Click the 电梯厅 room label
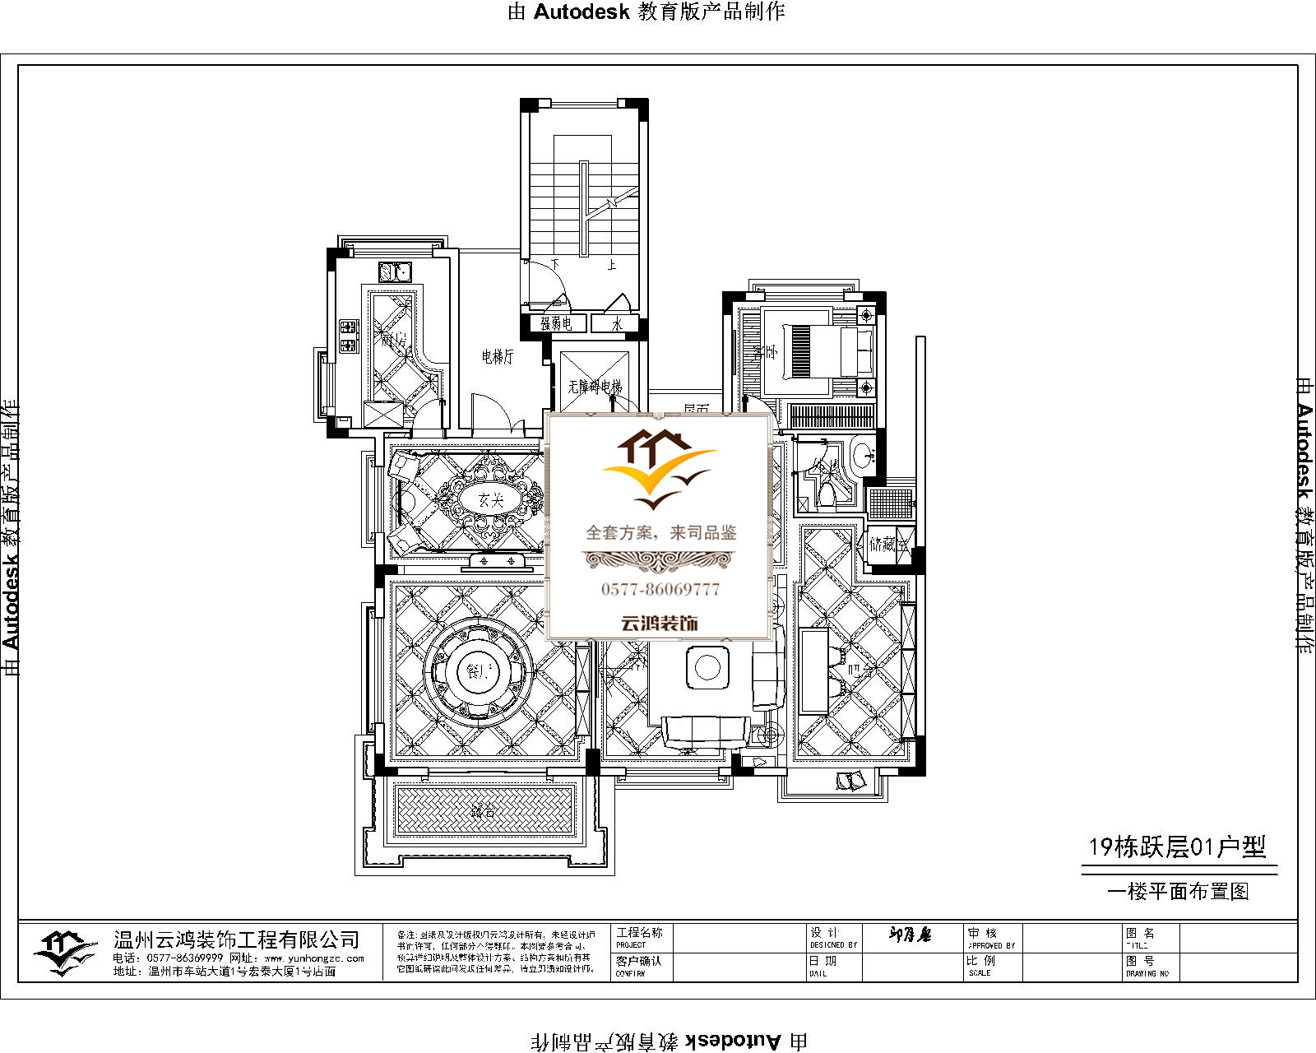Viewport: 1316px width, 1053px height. click(x=498, y=357)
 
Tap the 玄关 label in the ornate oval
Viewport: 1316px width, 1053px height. click(x=491, y=499)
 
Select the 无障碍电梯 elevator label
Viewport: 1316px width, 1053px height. click(x=595, y=386)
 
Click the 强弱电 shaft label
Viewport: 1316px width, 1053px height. click(x=556, y=324)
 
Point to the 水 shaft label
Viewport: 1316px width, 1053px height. click(x=617, y=324)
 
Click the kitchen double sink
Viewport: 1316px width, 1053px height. click(x=395, y=271)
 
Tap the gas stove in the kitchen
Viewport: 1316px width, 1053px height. click(x=349, y=336)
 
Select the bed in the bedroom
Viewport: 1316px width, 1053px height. click(x=827, y=351)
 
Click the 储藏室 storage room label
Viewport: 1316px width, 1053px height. click(x=887, y=544)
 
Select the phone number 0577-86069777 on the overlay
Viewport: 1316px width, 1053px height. click(x=660, y=589)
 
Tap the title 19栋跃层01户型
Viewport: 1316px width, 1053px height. click(x=1177, y=847)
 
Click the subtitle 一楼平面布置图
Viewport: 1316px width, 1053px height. click(x=1178, y=892)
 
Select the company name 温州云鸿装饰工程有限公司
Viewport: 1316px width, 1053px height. click(x=237, y=939)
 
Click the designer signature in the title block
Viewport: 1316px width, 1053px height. click(x=911, y=935)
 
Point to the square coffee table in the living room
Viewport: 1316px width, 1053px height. click(x=707, y=667)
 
